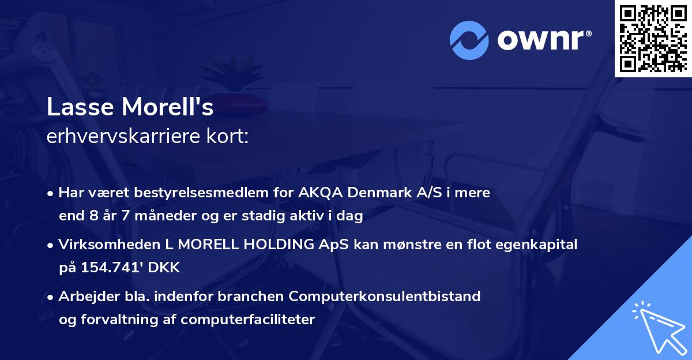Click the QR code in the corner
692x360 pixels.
click(652, 39)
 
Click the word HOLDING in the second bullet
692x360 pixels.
click(276, 245)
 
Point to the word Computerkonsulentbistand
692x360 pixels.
click(385, 297)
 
